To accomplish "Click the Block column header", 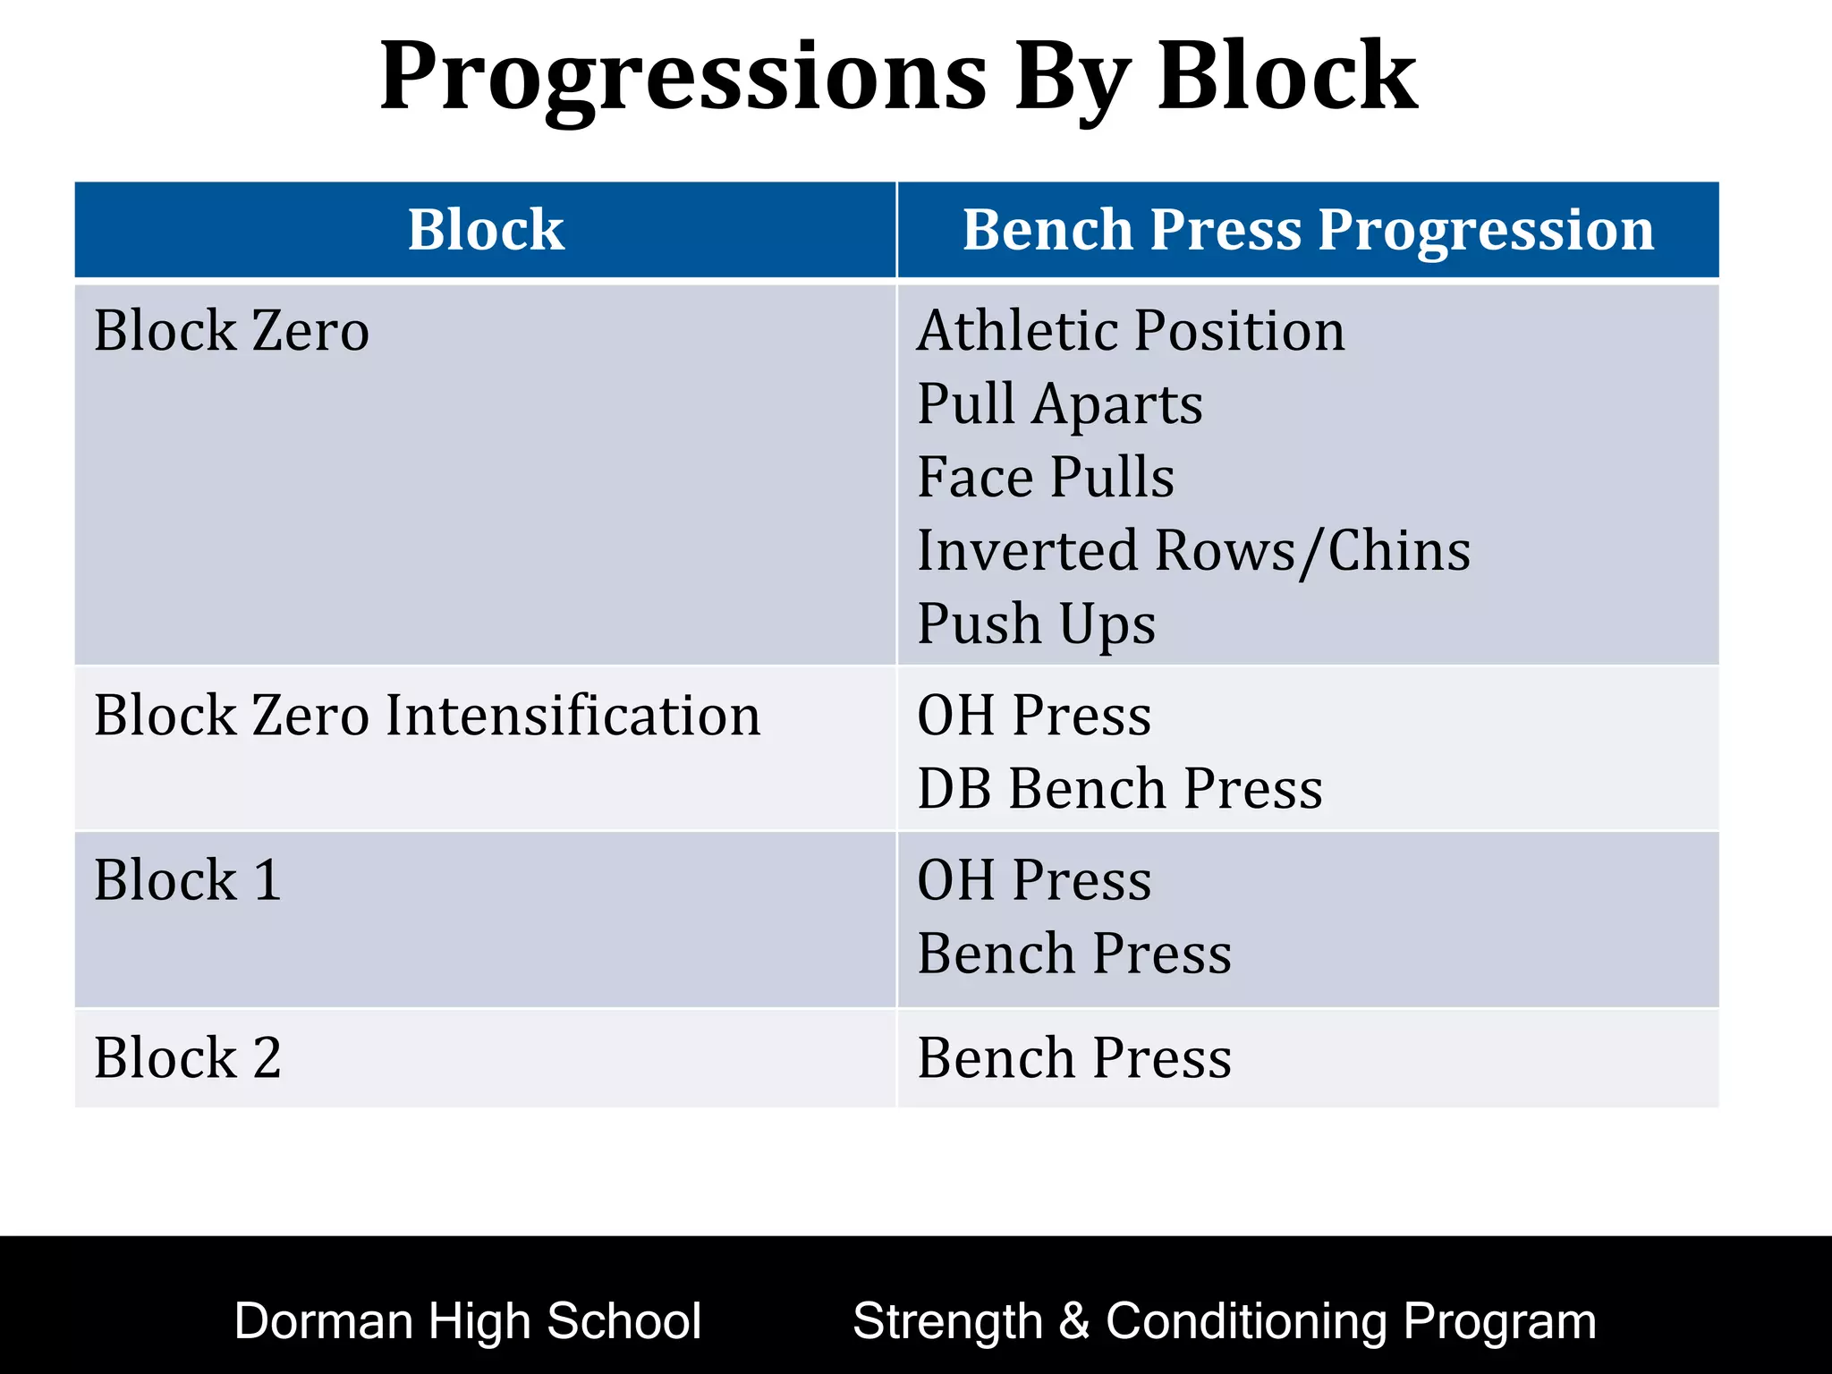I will click(x=486, y=230).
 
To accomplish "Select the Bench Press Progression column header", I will click(x=1308, y=230).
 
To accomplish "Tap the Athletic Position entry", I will click(x=1131, y=331).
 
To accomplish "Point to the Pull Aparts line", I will click(x=1060, y=404).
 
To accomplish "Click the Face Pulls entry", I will click(x=1046, y=477).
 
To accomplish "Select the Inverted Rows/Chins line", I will click(x=1193, y=550).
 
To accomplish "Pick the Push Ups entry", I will click(x=1036, y=623).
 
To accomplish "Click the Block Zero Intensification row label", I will click(x=427, y=716).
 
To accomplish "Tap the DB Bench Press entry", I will click(x=1120, y=789).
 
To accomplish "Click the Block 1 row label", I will click(x=188, y=880).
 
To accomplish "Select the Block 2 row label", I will click(x=188, y=1058).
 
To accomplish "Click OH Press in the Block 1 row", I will click(x=1034, y=880).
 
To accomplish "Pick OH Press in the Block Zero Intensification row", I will click(x=1034, y=716).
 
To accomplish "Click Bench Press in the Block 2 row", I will click(x=1074, y=1058).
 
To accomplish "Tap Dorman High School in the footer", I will click(x=467, y=1321).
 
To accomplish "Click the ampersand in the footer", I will click(x=1073, y=1321).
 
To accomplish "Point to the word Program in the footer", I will click(x=1499, y=1321).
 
